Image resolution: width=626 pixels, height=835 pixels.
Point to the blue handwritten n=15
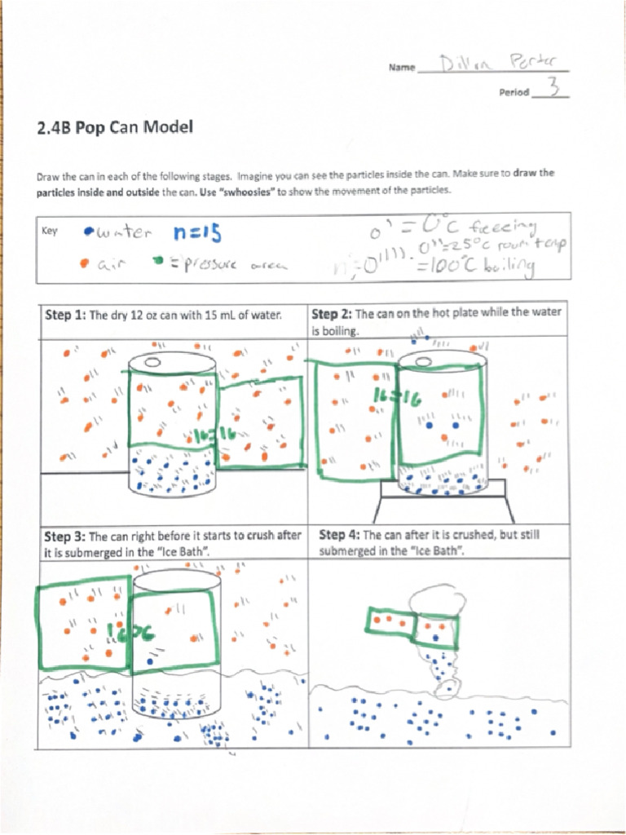(x=196, y=233)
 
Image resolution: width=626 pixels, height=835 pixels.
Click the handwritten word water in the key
(x=123, y=234)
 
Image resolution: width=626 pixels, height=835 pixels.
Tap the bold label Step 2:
(x=332, y=314)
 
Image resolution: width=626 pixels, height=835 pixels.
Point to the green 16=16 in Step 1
(x=214, y=435)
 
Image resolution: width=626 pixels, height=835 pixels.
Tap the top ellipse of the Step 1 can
(x=172, y=363)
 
